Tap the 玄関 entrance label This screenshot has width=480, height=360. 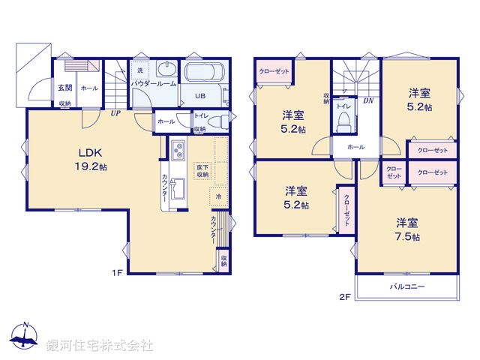(64, 88)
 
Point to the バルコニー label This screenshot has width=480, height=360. (406, 287)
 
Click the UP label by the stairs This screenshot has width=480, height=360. (115, 114)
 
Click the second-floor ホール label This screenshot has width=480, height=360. (355, 147)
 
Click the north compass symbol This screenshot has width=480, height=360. (25, 337)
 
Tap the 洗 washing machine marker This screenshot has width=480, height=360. (139, 71)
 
